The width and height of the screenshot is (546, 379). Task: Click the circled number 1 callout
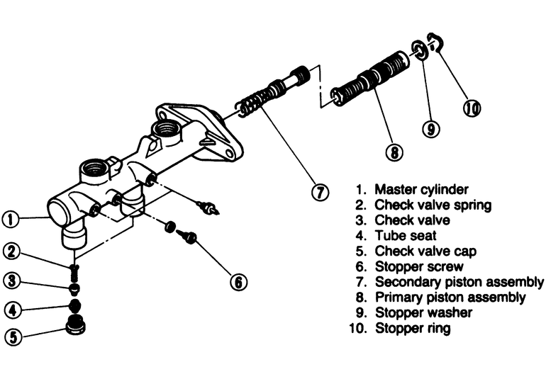pyautogui.click(x=10, y=220)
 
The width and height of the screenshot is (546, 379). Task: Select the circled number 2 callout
pyautogui.click(x=10, y=250)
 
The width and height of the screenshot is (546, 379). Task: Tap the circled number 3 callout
pyautogui.click(x=10, y=281)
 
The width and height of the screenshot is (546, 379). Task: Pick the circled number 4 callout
pyautogui.click(x=10, y=310)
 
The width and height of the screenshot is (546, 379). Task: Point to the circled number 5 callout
pyautogui.click(x=10, y=337)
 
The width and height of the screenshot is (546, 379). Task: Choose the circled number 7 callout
pyautogui.click(x=320, y=192)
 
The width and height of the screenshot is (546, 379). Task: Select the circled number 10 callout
pyautogui.click(x=472, y=108)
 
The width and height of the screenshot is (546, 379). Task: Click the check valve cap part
pyautogui.click(x=73, y=327)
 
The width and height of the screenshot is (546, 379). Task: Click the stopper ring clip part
pyautogui.click(x=435, y=43)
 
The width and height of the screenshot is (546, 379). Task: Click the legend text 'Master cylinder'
pyautogui.click(x=421, y=189)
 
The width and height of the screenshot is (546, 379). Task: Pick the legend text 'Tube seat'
pyautogui.click(x=406, y=235)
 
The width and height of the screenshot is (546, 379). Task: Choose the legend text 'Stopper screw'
pyautogui.click(x=419, y=266)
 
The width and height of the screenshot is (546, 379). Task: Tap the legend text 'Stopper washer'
pyautogui.click(x=423, y=312)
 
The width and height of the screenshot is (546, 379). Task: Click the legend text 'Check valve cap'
pyautogui.click(x=425, y=251)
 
